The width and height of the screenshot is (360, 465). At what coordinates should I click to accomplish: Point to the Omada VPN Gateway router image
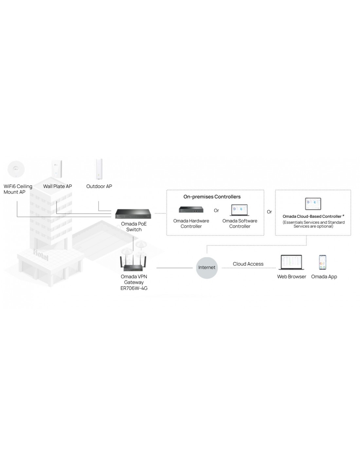click(x=134, y=264)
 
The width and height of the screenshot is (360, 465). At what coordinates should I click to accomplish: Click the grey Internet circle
click(x=207, y=267)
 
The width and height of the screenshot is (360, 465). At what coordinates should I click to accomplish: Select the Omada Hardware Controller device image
click(x=191, y=210)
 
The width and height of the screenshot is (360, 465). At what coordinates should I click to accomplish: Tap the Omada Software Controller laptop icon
click(x=240, y=210)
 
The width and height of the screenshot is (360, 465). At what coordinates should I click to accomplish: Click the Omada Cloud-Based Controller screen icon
click(x=313, y=204)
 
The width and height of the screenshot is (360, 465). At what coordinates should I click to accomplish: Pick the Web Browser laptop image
click(x=291, y=262)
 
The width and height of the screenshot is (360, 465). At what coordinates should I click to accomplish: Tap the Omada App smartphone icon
click(x=323, y=262)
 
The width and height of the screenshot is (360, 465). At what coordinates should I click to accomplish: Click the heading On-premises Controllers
click(x=212, y=197)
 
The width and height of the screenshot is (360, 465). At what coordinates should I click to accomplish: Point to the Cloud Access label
click(x=248, y=264)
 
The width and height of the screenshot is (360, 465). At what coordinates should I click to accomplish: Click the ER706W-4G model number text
click(x=134, y=288)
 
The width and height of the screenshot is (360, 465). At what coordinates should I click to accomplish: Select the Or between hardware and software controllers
click(x=216, y=211)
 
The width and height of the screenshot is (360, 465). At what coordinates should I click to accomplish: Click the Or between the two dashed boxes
click(x=269, y=212)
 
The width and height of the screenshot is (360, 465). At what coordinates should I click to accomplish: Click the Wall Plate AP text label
click(x=58, y=186)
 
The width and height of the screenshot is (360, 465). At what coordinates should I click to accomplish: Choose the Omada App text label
click(x=324, y=277)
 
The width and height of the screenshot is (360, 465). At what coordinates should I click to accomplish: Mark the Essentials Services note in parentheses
click(x=314, y=224)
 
